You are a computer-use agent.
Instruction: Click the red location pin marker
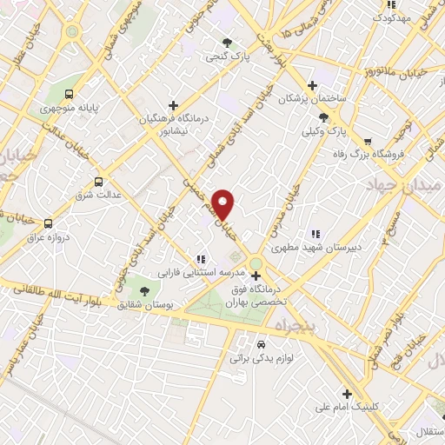click(x=224, y=203)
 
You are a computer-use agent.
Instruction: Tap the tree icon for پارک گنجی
click(x=228, y=42)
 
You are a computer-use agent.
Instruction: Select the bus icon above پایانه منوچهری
click(x=70, y=96)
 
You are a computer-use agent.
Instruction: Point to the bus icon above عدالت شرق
click(x=98, y=182)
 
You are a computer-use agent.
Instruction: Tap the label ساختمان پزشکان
click(x=312, y=99)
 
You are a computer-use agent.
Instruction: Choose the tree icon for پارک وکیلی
click(x=324, y=116)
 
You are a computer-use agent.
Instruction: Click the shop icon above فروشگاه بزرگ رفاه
click(x=369, y=139)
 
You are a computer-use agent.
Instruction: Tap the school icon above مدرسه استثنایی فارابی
click(x=201, y=258)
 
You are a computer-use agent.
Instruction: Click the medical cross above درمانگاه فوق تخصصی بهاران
click(x=256, y=276)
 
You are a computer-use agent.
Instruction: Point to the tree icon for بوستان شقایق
click(x=145, y=291)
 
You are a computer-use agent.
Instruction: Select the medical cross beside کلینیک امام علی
click(x=347, y=394)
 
